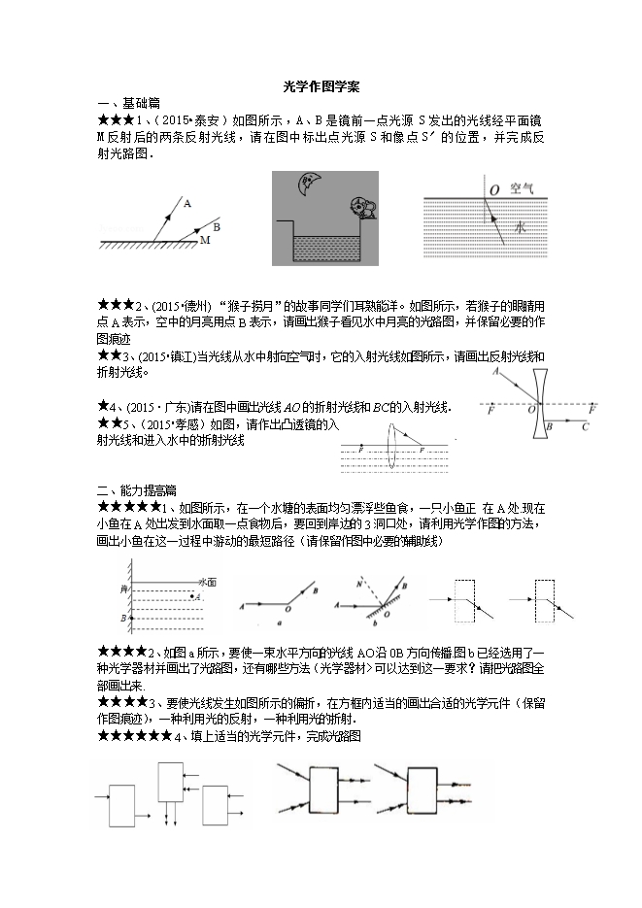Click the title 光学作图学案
(x=321, y=86)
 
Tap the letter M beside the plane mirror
(x=204, y=239)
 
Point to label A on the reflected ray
(x=186, y=204)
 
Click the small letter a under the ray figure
(x=279, y=627)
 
